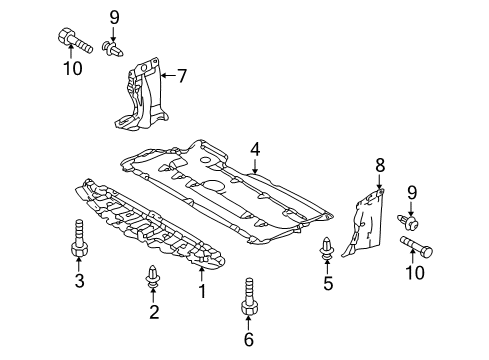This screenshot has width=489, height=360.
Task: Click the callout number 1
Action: pos(202,291)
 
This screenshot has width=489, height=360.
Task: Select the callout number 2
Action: pos(154,312)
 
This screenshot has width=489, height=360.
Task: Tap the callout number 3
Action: pos(79,280)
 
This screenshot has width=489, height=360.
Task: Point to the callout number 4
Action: pos(255,149)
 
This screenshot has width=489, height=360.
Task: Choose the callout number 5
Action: pos(328,283)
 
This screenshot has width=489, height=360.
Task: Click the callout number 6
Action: pos(249,339)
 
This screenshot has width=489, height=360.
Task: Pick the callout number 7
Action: pos(182,76)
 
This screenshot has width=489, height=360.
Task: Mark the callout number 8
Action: pos(380,165)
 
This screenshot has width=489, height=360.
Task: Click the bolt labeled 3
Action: pos(79,239)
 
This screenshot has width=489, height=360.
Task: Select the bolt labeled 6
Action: pos(249,296)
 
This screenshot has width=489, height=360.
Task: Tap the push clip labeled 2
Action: pos(153,276)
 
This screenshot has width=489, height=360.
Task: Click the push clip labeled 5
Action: pos(327,248)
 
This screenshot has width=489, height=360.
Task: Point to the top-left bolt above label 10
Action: pos(75,41)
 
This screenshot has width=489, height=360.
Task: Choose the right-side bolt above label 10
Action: pos(416,246)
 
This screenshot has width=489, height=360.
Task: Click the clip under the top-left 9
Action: pos(113,49)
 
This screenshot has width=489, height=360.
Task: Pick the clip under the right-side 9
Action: pos(408,222)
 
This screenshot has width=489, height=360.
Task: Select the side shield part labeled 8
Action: pos(364,222)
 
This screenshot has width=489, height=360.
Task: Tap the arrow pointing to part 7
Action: pos(168,76)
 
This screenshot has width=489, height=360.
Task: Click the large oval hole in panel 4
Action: pos(212,186)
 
